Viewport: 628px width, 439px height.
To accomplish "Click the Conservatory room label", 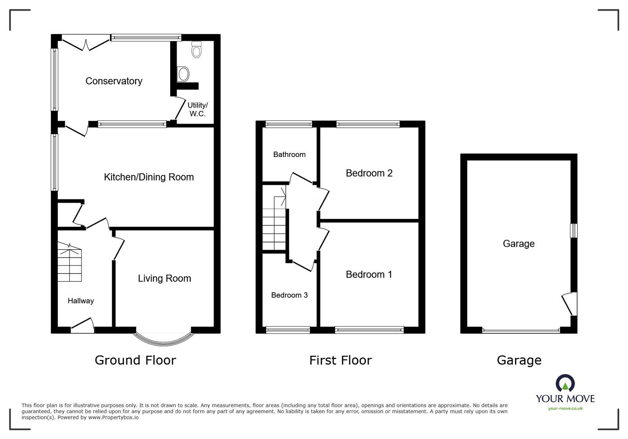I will click(114, 81).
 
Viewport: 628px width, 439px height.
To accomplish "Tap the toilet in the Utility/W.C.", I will click(196, 50).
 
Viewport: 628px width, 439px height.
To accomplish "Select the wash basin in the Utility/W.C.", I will click(183, 74).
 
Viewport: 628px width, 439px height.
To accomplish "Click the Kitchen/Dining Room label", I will click(148, 177).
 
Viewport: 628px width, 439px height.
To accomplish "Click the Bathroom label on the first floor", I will click(289, 155).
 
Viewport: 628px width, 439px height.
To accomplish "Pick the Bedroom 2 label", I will click(369, 173).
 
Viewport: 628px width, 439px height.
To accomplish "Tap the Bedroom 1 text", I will click(369, 274).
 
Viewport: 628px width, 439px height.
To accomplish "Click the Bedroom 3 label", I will click(289, 295).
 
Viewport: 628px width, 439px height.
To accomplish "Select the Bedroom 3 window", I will click(288, 330).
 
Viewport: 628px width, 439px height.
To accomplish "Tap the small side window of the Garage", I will click(574, 230).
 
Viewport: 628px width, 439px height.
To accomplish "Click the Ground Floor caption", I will click(135, 360).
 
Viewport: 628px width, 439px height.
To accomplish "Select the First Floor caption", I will click(340, 360).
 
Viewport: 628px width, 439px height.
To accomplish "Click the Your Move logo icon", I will click(565, 383).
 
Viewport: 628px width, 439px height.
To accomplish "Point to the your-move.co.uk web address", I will click(565, 408).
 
